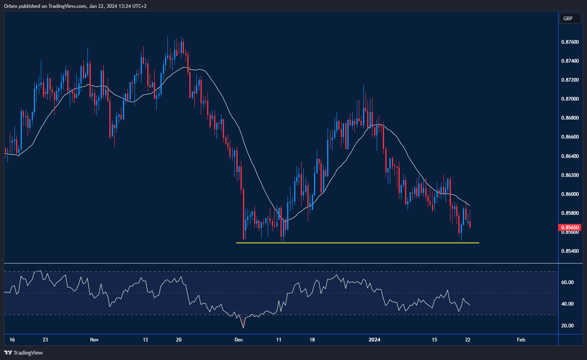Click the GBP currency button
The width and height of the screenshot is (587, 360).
pyautogui.click(x=568, y=19)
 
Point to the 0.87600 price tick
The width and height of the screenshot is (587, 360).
pyautogui.click(x=570, y=42)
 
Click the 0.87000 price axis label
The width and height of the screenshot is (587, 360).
pyautogui.click(x=570, y=99)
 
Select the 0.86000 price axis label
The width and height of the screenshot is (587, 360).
pyautogui.click(x=570, y=194)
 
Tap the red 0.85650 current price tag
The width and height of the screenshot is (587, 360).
pyautogui.click(x=570, y=227)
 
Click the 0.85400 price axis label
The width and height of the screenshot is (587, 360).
pyautogui.click(x=570, y=251)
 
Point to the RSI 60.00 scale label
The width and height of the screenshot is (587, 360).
pyautogui.click(x=567, y=282)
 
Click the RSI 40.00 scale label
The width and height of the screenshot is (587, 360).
pyautogui.click(x=567, y=304)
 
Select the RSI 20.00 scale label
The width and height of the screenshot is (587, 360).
pyautogui.click(x=567, y=326)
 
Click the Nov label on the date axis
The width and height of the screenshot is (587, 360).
pyautogui.click(x=94, y=340)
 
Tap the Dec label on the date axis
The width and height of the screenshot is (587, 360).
pyautogui.click(x=238, y=340)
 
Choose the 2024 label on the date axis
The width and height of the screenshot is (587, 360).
pyautogui.click(x=374, y=340)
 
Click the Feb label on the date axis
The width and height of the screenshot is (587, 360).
pyautogui.click(x=521, y=340)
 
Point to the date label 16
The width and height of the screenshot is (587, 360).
pyautogui.click(x=12, y=340)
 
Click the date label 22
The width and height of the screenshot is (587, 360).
pyautogui.click(x=468, y=340)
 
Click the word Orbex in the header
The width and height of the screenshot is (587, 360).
pyautogui.click(x=11, y=6)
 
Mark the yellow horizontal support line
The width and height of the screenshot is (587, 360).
pyautogui.click(x=357, y=243)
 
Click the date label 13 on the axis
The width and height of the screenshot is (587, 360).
pyautogui.click(x=145, y=340)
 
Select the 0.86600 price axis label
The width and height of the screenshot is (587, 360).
pyautogui.click(x=570, y=137)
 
